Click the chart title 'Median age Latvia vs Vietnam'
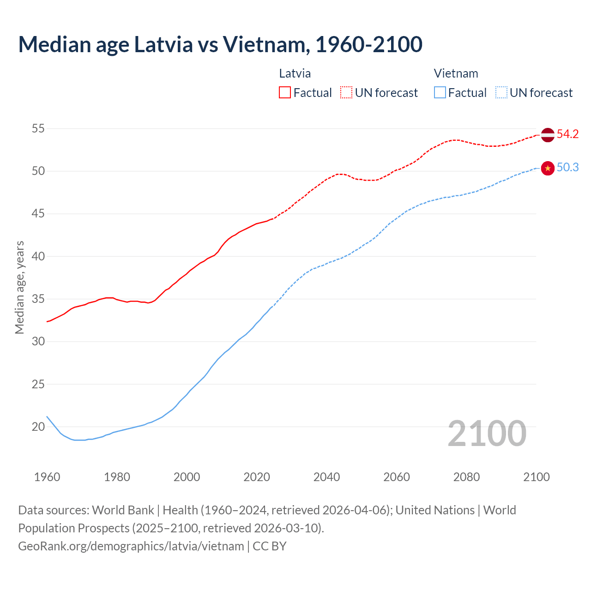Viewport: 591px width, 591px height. pos(220,44)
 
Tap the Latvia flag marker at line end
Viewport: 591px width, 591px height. pos(547,135)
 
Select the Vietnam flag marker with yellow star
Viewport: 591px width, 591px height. pos(547,169)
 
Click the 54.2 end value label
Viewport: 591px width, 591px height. pos(567,134)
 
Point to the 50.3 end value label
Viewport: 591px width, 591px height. pos(567,168)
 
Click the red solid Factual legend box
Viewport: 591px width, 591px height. pos(285,93)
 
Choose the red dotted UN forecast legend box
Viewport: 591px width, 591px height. pos(346,93)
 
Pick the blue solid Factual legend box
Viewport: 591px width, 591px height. pos(440,93)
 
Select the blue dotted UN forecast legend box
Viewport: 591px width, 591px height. pos(501,93)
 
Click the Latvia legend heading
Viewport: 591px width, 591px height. pos(295,73)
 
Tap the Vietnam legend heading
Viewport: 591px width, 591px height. pos(456,73)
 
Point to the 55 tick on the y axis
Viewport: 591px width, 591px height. pos(38,128)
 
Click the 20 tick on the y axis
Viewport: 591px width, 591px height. pos(38,427)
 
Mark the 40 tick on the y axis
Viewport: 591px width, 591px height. pos(38,256)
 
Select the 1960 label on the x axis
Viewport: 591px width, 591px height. pos(47,477)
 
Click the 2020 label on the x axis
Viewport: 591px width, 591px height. pos(257,477)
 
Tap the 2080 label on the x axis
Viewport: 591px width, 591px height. pos(466,477)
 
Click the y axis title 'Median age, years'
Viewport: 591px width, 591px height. pos(19,287)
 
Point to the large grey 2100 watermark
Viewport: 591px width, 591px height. pos(487,434)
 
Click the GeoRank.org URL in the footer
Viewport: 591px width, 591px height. pos(131,546)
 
